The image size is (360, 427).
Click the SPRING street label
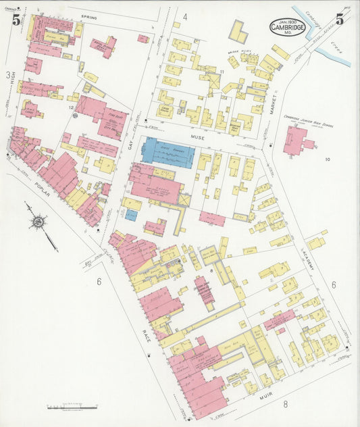[88, 17]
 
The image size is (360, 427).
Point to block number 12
[70, 106]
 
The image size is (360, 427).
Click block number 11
[222, 71]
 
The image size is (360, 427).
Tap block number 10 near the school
[326, 159]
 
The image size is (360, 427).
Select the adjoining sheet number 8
[286, 405]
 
